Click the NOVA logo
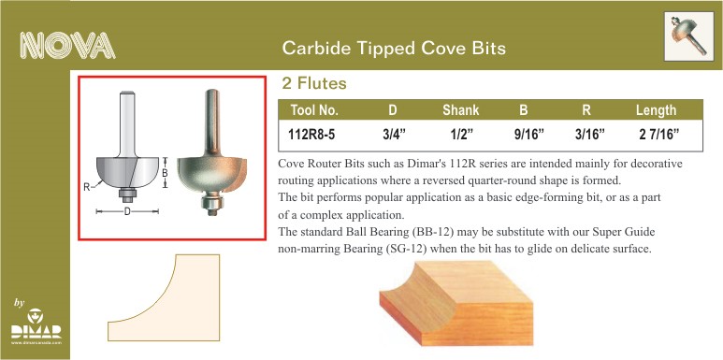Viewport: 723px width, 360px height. coord(67,46)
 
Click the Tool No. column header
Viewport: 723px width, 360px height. coord(314,110)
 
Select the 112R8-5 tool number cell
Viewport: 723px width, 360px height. coord(311,135)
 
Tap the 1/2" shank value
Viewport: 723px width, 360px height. coord(461,135)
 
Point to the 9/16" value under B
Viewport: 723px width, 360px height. coord(528,135)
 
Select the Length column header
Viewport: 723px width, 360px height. coord(656,110)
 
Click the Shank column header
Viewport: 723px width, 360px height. coord(460,110)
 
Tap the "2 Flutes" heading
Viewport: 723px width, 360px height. coord(314,83)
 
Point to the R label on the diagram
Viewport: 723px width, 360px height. coord(86,187)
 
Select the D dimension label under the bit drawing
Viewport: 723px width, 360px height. coord(127,211)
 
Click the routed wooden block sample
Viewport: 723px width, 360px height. coord(456,303)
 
